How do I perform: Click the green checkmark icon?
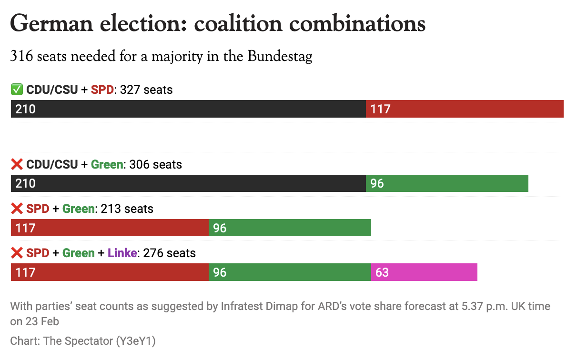pos(17,90)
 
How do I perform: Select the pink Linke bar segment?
pos(424,272)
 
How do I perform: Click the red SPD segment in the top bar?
pos(465,109)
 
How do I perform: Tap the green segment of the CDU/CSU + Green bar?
pos(447,183)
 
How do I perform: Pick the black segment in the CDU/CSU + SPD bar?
pos(188,109)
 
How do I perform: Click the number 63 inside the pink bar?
pos(382,272)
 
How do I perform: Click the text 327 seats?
pos(146,90)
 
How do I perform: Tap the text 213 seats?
pos(127,209)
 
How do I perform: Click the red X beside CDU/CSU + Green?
pos(17,165)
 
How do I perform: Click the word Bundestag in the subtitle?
pos(280,57)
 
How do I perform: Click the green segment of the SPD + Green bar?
pos(290,228)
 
